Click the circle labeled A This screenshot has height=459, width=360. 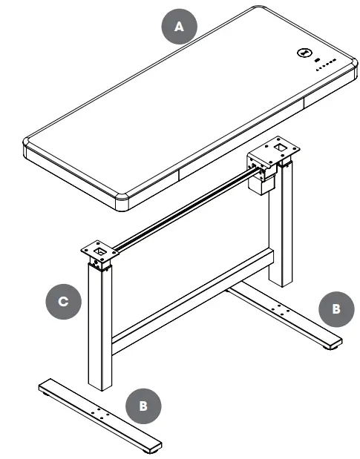[178, 27]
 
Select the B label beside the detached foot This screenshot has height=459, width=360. [143, 406]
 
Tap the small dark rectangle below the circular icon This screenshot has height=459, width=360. [317, 61]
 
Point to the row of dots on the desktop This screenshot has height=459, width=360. [324, 68]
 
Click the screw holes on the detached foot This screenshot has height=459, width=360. [99, 412]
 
